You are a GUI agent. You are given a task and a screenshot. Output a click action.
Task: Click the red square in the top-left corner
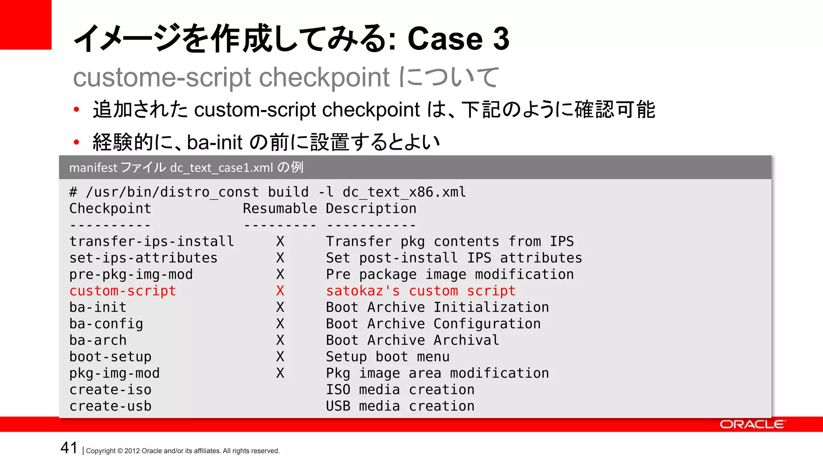click(25, 24)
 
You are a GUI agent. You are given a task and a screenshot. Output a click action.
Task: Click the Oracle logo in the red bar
click(752, 424)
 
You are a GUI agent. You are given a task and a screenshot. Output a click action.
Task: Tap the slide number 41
click(69, 447)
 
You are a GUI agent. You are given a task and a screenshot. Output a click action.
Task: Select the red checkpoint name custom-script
click(123, 291)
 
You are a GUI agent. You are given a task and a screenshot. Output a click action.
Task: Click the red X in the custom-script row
click(280, 291)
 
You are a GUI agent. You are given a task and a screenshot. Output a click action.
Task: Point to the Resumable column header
click(280, 209)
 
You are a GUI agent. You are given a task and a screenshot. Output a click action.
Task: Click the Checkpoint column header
click(110, 209)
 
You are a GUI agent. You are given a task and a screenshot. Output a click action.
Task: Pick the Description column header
click(371, 209)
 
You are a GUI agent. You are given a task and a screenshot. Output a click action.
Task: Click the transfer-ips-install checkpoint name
click(151, 241)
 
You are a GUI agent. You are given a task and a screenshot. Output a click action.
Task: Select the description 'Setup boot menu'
click(387, 356)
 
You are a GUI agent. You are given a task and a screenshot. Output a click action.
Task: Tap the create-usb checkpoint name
click(110, 406)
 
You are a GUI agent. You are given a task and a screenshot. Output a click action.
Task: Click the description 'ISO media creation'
click(400, 389)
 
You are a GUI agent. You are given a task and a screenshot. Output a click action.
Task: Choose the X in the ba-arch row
click(280, 340)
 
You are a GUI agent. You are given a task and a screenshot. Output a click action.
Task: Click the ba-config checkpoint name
click(106, 324)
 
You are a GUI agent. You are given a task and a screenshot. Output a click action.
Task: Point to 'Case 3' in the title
click(458, 39)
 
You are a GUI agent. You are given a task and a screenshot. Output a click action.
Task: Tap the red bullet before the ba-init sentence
click(76, 142)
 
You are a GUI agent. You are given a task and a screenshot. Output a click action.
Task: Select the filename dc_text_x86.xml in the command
click(404, 192)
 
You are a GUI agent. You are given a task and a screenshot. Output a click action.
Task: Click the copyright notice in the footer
click(183, 451)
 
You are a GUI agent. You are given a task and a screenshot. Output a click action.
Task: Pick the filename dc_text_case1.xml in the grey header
click(221, 168)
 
